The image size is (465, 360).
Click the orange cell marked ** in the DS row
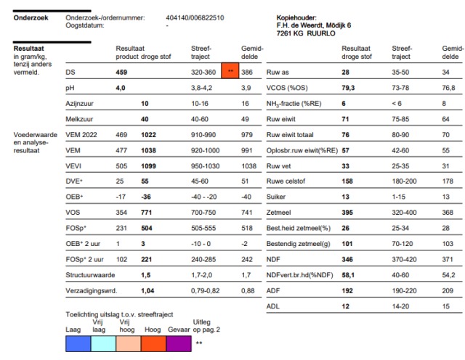click(230, 73)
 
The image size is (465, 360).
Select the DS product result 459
click(123, 73)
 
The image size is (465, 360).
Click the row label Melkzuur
click(77, 118)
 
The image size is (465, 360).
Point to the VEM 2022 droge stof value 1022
click(149, 134)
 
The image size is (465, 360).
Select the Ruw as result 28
click(346, 73)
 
